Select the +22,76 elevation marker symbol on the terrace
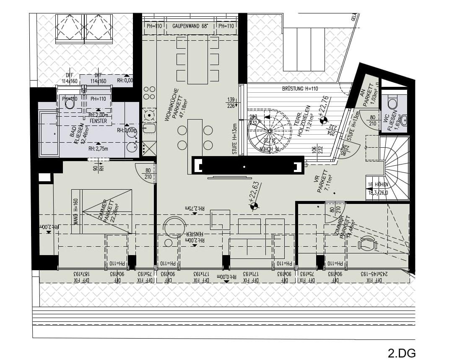(x=323, y=121)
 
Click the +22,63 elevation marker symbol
(x=254, y=206)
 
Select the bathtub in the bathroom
(x=49, y=133)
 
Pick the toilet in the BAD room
(x=70, y=103)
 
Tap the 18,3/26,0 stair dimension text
(x=378, y=193)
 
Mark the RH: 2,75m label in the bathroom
(x=99, y=149)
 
